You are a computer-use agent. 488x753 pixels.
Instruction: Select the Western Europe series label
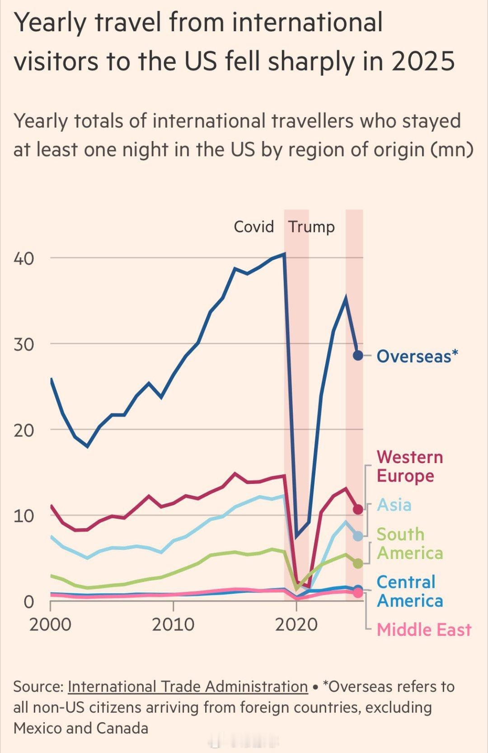pos(409,466)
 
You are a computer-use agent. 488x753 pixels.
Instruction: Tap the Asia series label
pos(394,505)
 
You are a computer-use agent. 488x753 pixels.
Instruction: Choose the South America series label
pos(409,544)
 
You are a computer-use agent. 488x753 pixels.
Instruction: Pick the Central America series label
pos(409,591)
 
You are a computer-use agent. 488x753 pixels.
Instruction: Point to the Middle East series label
pos(424,630)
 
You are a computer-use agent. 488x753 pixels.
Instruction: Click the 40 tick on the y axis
pos(24,259)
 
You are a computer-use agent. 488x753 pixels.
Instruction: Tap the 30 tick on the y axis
pos(24,344)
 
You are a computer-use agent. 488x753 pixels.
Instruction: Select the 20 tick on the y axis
pos(24,430)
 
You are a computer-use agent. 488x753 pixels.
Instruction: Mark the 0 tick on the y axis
pos(28,602)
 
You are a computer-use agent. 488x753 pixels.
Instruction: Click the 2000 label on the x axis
pos(50,625)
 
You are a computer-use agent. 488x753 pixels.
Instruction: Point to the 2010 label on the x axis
pos(173,625)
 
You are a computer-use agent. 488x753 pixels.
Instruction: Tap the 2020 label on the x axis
pos(296,625)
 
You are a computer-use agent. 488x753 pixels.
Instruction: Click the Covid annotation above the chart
pos(253,227)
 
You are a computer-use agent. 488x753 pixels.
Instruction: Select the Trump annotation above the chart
pos(311,227)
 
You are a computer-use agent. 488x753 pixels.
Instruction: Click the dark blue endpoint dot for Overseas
pos(358,355)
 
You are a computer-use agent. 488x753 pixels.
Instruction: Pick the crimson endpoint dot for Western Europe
pos(358,510)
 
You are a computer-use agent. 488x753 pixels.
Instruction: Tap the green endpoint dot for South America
pos(358,564)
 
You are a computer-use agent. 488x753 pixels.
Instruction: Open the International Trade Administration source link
pos(188,687)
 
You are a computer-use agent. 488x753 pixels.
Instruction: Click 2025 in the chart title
pos(423,61)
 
